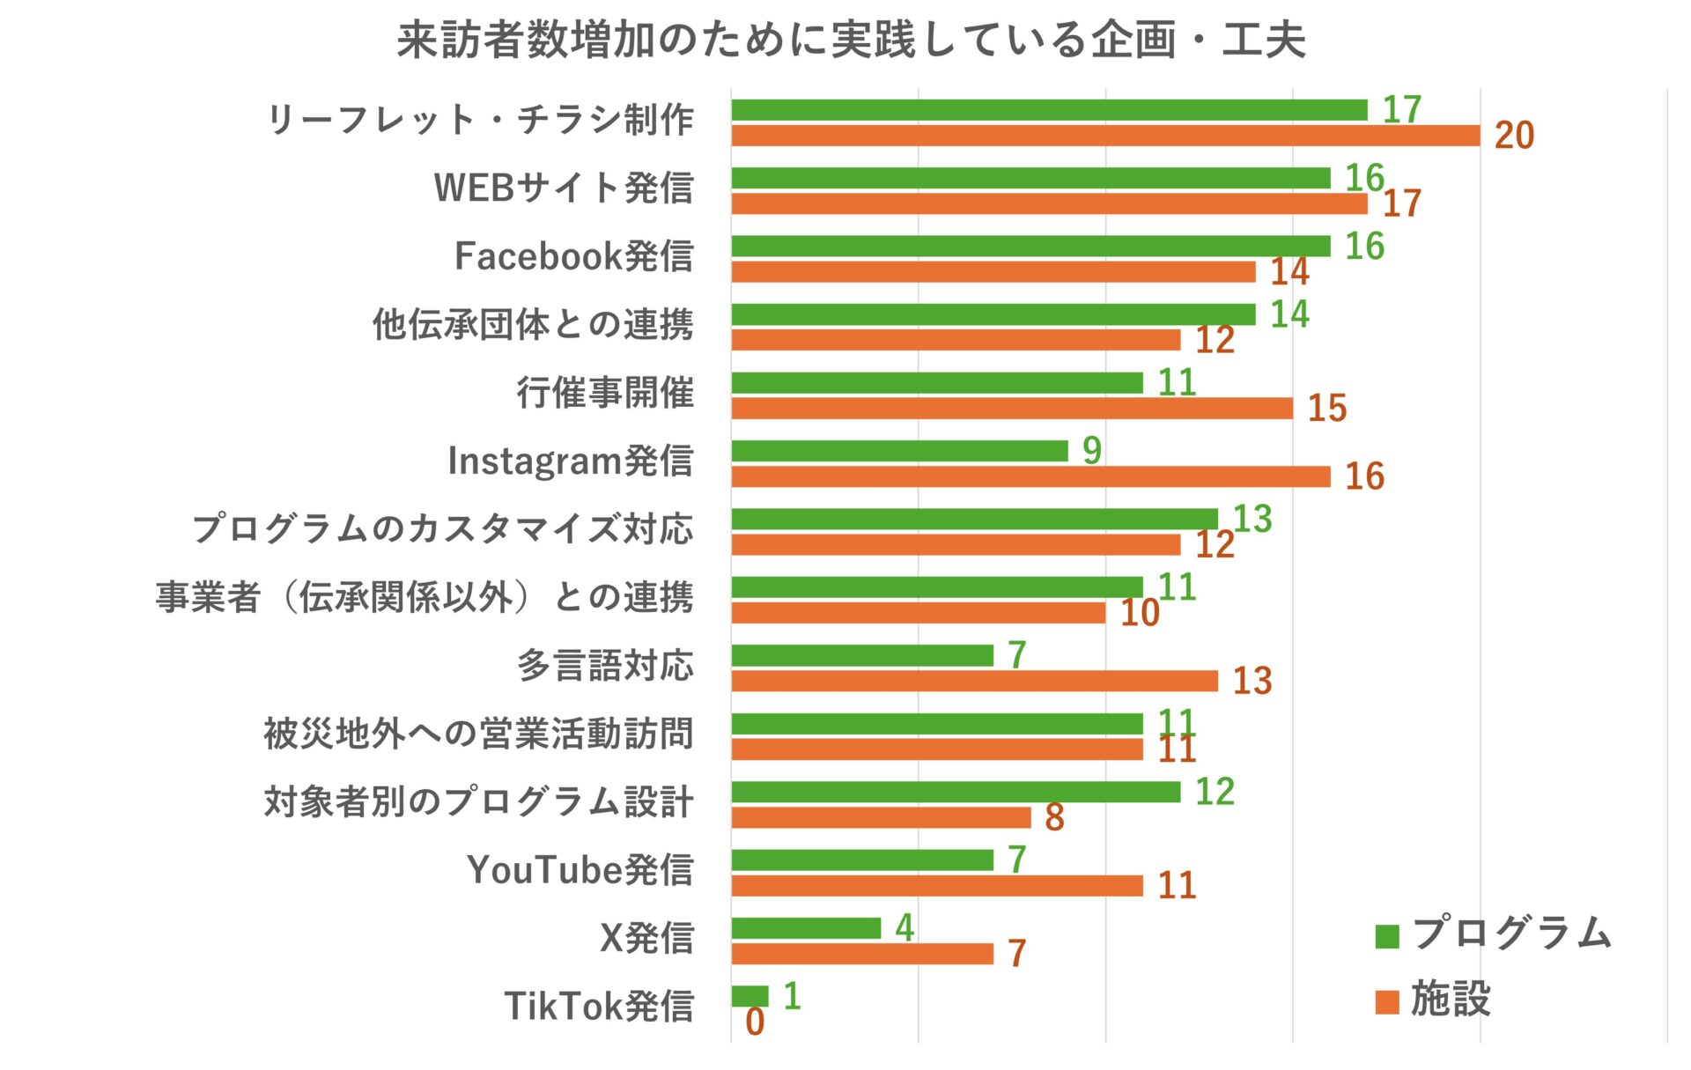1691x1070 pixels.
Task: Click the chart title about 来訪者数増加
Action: tap(851, 40)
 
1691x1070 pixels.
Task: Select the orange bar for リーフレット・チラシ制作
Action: tap(1105, 136)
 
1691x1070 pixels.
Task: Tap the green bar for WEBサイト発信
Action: tap(1030, 178)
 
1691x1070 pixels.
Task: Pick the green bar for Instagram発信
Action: tap(899, 451)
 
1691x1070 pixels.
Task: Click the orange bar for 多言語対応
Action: tap(974, 681)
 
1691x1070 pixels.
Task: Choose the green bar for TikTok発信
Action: tap(750, 996)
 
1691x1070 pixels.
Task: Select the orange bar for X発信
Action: tap(862, 954)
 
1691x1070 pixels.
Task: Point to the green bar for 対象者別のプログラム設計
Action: tap(956, 792)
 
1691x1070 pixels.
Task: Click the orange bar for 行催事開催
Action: tap(1012, 409)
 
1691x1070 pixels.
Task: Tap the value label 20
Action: tap(1514, 136)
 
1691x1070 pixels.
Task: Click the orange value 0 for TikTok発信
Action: tap(755, 1022)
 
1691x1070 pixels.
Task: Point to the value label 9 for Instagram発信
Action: tap(1092, 451)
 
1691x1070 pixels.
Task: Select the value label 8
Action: tap(1054, 817)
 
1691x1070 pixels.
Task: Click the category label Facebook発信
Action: tap(573, 256)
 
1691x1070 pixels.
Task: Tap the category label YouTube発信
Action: tap(580, 870)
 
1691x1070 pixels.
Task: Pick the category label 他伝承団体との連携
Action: tap(532, 324)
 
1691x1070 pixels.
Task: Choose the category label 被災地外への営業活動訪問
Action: tap(478, 734)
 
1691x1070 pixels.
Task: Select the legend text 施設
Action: tap(1451, 1000)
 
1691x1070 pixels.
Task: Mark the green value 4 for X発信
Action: tap(905, 928)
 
